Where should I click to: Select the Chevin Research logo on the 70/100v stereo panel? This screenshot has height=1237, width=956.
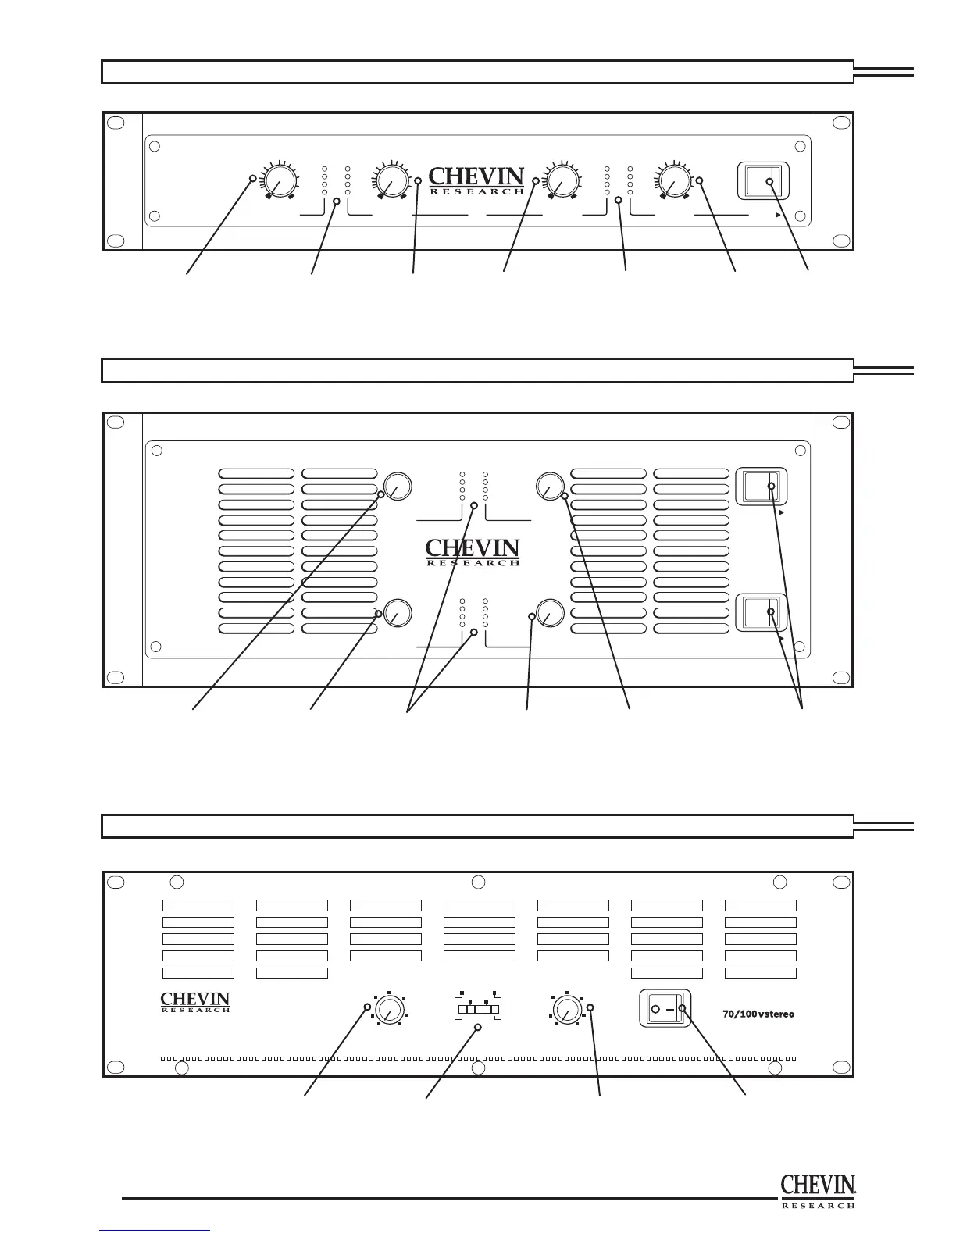[x=195, y=1002]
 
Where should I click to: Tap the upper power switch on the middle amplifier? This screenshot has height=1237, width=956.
[x=762, y=487]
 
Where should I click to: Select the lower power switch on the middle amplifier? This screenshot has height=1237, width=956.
[x=762, y=612]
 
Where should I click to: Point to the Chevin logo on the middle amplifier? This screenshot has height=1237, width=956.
[x=473, y=551]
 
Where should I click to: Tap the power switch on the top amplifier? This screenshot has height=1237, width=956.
[x=762, y=182]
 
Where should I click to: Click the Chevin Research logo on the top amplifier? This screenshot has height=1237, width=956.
[x=476, y=180]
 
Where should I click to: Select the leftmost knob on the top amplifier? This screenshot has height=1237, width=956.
[x=280, y=182]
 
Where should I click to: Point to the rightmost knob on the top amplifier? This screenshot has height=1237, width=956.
[x=674, y=182]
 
